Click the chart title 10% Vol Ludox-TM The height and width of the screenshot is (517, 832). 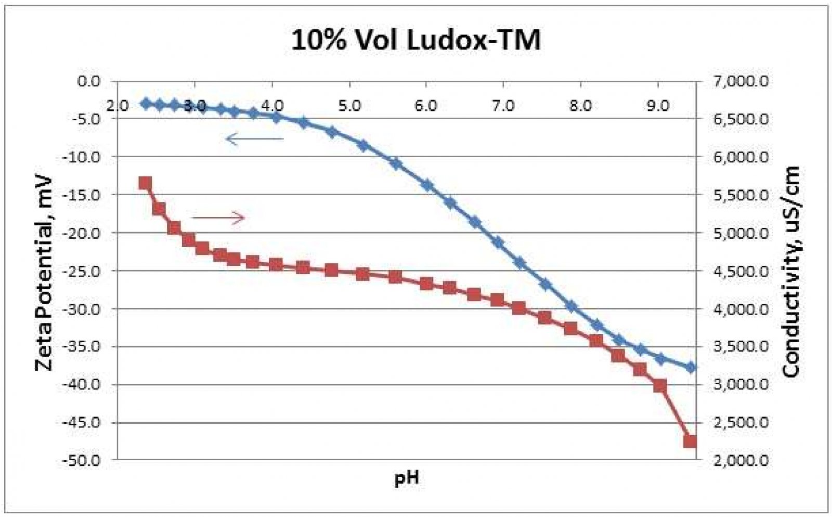415,40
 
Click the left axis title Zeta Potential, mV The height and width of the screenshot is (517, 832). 44,273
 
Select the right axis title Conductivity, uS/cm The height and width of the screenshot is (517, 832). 791,271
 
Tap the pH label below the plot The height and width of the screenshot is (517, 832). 407,477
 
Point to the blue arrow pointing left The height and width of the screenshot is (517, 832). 255,138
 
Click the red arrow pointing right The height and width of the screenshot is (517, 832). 218,217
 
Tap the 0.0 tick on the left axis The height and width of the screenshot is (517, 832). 88,81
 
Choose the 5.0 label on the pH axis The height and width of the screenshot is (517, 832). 349,106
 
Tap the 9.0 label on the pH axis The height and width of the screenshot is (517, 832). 657,106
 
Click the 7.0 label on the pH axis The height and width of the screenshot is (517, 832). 503,106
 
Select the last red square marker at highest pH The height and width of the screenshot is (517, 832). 690,442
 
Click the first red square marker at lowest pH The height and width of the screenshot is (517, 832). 145,183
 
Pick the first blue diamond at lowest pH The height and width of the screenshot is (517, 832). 146,104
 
